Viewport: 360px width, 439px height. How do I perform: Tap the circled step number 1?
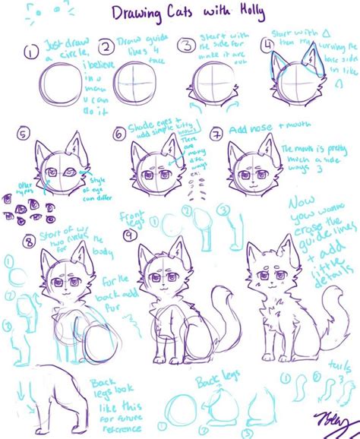pos(30,52)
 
